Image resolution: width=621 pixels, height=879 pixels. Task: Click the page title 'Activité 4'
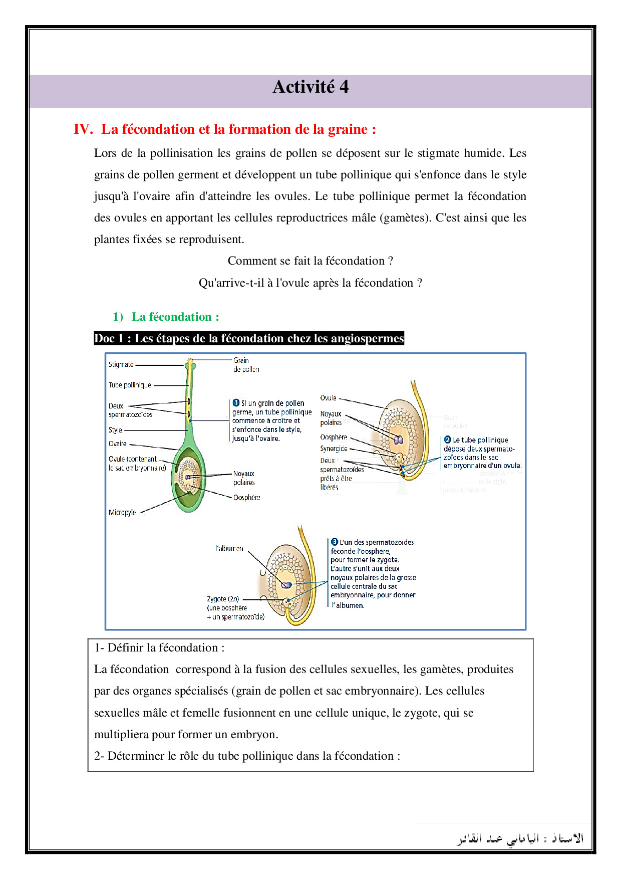pos(310,87)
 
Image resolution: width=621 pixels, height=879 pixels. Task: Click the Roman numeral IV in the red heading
pos(83,129)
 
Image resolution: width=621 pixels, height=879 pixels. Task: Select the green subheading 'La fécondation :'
pos(175,317)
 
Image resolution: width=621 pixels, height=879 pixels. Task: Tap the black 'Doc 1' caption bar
pos(249,338)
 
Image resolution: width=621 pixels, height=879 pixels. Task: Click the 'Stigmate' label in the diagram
pos(121,364)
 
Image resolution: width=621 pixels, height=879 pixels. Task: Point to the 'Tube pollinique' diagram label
pos(130,385)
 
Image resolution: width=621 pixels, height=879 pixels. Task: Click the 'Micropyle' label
pos(122,512)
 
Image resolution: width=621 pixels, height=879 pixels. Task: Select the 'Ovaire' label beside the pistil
pos(118,444)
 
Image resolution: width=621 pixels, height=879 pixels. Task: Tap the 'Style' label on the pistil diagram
pos(115,430)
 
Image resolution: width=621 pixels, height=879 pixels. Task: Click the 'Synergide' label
pos(334,449)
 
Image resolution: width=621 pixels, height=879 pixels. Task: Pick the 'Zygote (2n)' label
pos(223,599)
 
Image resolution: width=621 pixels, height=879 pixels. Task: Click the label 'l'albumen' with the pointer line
pos(229,548)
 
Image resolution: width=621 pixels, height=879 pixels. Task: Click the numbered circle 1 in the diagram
pos(236,403)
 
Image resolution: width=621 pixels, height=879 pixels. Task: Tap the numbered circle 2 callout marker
pos(448,439)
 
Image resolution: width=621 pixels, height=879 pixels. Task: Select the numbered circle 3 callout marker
pos(335,542)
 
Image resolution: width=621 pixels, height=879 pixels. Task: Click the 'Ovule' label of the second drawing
pos(328,398)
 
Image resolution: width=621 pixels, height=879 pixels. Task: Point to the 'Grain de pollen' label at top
pos(245,364)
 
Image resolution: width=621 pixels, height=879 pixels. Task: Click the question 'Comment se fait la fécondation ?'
pos(310,261)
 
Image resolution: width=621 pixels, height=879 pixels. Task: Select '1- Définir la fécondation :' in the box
pos(159,647)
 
